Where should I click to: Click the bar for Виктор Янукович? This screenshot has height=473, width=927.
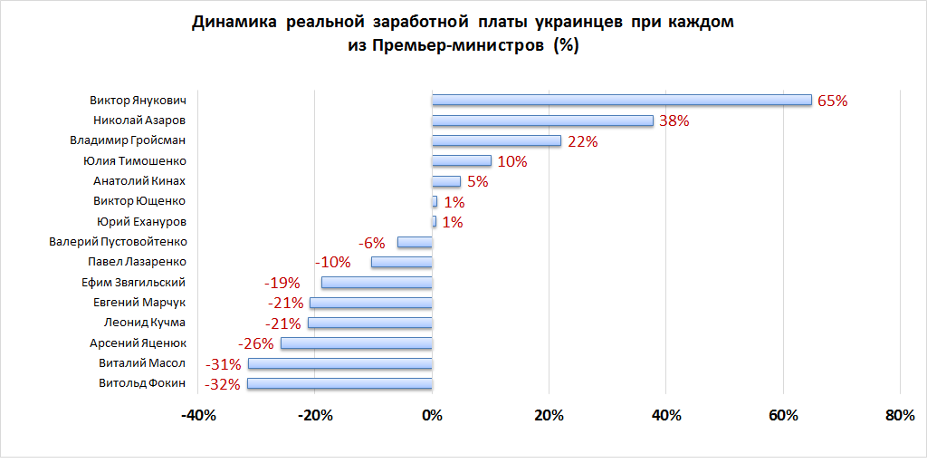621,100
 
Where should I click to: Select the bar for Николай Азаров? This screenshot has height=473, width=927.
542,121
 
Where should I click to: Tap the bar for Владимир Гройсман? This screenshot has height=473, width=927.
496,140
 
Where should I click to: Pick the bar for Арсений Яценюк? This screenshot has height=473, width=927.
357,343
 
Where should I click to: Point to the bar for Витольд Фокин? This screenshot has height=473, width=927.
339,384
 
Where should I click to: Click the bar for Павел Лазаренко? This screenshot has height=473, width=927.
402,262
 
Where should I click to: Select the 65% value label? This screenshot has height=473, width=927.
832,101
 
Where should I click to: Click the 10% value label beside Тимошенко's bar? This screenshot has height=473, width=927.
512,161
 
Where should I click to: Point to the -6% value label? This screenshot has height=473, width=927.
372,242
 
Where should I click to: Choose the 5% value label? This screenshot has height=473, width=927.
477,181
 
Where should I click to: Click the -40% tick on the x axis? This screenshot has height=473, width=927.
198,416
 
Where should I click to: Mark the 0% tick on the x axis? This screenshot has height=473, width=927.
432,416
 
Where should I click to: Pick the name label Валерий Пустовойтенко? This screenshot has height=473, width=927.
118,242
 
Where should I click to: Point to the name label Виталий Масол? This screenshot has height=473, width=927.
142,362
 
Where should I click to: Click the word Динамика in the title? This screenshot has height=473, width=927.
234,23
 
